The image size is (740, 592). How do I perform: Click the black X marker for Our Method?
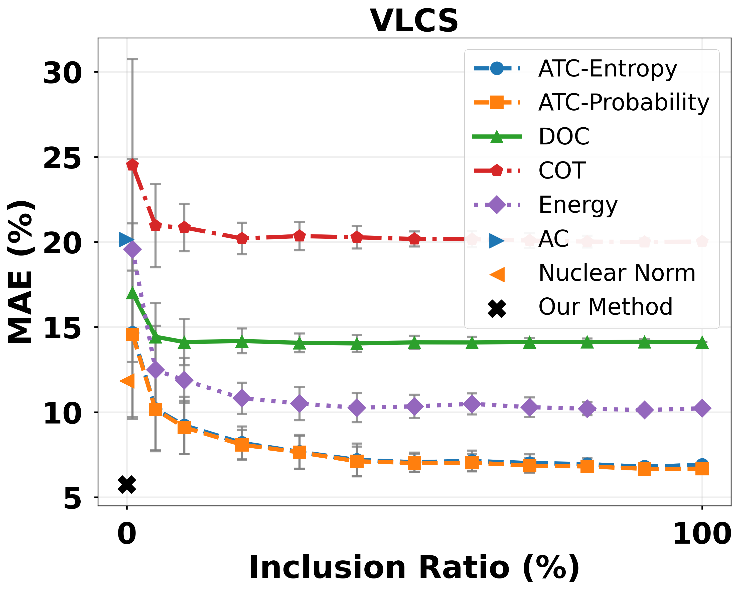127,485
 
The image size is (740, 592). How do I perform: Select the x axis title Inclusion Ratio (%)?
414,568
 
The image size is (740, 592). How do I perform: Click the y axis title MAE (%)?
21,272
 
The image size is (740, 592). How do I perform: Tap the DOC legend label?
564,136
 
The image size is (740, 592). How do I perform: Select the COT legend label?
562,171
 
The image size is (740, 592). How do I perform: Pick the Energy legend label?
578,205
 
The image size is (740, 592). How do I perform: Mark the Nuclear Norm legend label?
617,273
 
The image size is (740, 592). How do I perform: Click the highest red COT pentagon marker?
132,165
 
